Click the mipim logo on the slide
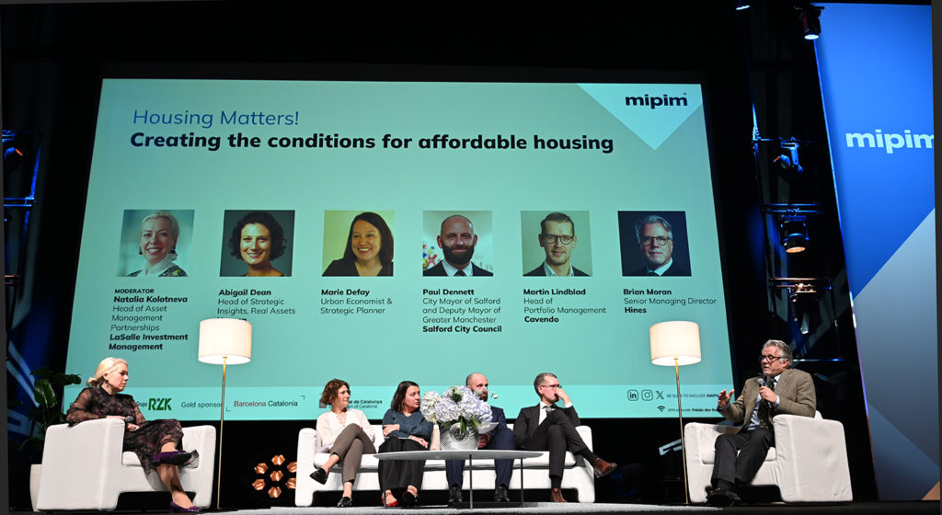pyautogui.click(x=656, y=100)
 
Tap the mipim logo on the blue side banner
pyautogui.click(x=889, y=141)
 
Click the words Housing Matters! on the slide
pyautogui.click(x=215, y=118)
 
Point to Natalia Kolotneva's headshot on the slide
pyautogui.click(x=156, y=243)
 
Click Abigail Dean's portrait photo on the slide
pyautogui.click(x=258, y=243)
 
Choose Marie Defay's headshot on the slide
pyautogui.click(x=358, y=243)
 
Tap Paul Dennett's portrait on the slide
pyautogui.click(x=458, y=244)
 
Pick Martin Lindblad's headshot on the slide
pyautogui.click(x=556, y=244)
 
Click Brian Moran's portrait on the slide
pyautogui.click(x=654, y=244)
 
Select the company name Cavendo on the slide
pyautogui.click(x=541, y=319)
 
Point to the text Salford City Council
pyautogui.click(x=462, y=328)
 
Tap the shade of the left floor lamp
pyautogui.click(x=224, y=341)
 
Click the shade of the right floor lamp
pyautogui.click(x=675, y=343)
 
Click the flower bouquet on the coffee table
pyautogui.click(x=457, y=408)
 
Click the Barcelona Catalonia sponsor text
pyautogui.click(x=265, y=403)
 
